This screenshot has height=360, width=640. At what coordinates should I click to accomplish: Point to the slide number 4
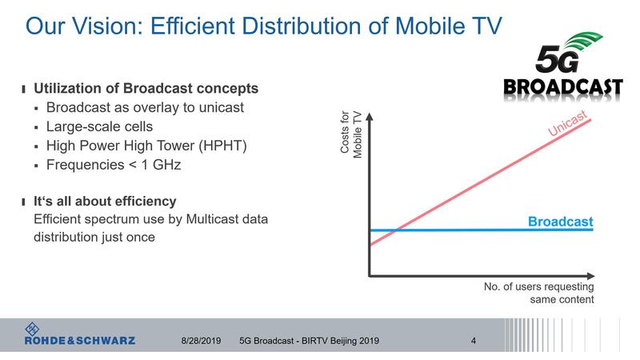click(474, 341)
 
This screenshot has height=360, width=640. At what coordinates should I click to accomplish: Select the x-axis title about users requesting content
click(539, 293)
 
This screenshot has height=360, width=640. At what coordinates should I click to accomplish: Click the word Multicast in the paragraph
click(216, 219)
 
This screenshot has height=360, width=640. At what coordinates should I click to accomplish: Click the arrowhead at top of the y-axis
click(369, 115)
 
